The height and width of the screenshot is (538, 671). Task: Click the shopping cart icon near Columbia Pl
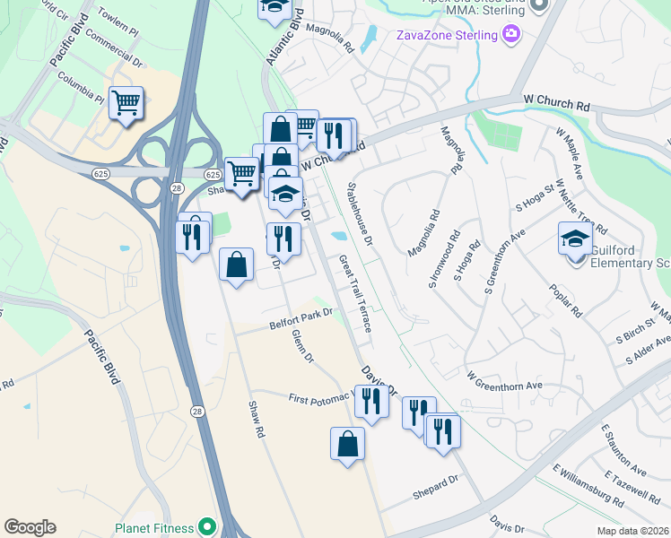click(126, 103)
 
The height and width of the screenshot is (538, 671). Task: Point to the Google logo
click(30, 527)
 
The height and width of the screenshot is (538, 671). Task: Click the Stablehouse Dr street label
click(364, 215)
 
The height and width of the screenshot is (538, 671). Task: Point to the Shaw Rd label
click(256, 420)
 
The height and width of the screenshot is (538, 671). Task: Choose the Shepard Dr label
click(435, 482)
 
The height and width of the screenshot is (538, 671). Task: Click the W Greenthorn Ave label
click(505, 381)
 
